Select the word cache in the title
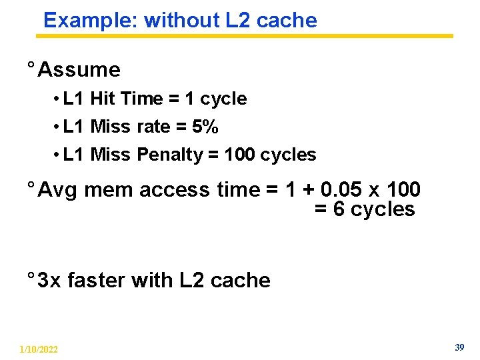pyautogui.click(x=287, y=20)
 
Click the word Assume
pyautogui.click(x=79, y=69)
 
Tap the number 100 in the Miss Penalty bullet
pyautogui.click(x=240, y=155)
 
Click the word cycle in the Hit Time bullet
pyautogui.click(x=223, y=99)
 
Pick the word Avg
pyautogui.click(x=59, y=190)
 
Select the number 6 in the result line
pyautogui.click(x=338, y=209)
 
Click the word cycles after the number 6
pyautogui.click(x=383, y=209)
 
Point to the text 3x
pyautogui.click(x=49, y=280)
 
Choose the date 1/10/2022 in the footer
pyautogui.click(x=39, y=349)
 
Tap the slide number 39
pyautogui.click(x=459, y=347)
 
